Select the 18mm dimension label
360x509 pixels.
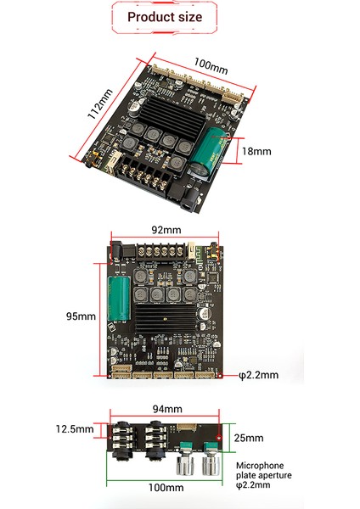coord(256,152)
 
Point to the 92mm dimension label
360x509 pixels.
coord(166,230)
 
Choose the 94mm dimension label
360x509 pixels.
coord(166,409)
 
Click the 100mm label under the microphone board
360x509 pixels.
coord(166,488)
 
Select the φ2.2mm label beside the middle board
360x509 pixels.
coord(257,373)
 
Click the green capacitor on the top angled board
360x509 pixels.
coord(209,154)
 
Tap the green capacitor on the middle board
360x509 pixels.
coord(119,299)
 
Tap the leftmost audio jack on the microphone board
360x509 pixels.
coord(125,441)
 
